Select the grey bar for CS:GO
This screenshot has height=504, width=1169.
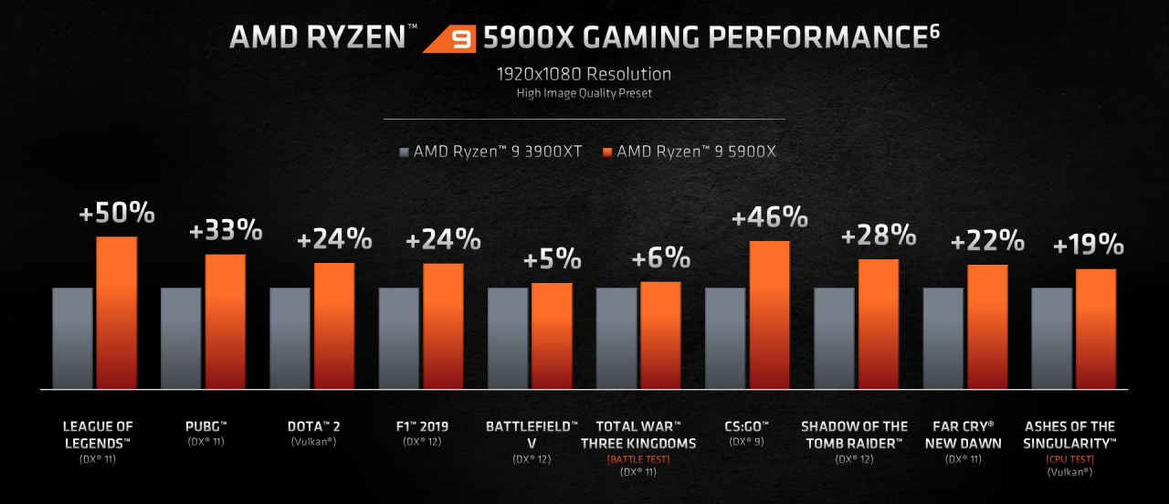pyautogui.click(x=725, y=338)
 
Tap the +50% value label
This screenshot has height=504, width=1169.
pyautogui.click(x=117, y=215)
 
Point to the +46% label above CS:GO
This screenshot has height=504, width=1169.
pyautogui.click(x=770, y=218)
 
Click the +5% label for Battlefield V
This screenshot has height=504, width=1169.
pyautogui.click(x=552, y=259)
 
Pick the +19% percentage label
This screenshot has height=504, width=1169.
pyautogui.click(x=1088, y=245)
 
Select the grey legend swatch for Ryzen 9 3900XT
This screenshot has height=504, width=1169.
pyautogui.click(x=404, y=152)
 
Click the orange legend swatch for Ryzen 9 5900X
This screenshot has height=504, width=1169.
pyautogui.click(x=607, y=152)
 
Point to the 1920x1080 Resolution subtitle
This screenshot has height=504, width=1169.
pyautogui.click(x=584, y=74)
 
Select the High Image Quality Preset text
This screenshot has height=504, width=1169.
pyautogui.click(x=584, y=93)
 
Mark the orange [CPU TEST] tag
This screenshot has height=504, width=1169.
pyautogui.click(x=1069, y=459)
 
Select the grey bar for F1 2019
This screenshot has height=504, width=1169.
pyautogui.click(x=399, y=338)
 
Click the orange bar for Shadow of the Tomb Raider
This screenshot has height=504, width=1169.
pyautogui.click(x=879, y=323)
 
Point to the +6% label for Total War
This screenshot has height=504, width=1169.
pyautogui.click(x=660, y=258)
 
